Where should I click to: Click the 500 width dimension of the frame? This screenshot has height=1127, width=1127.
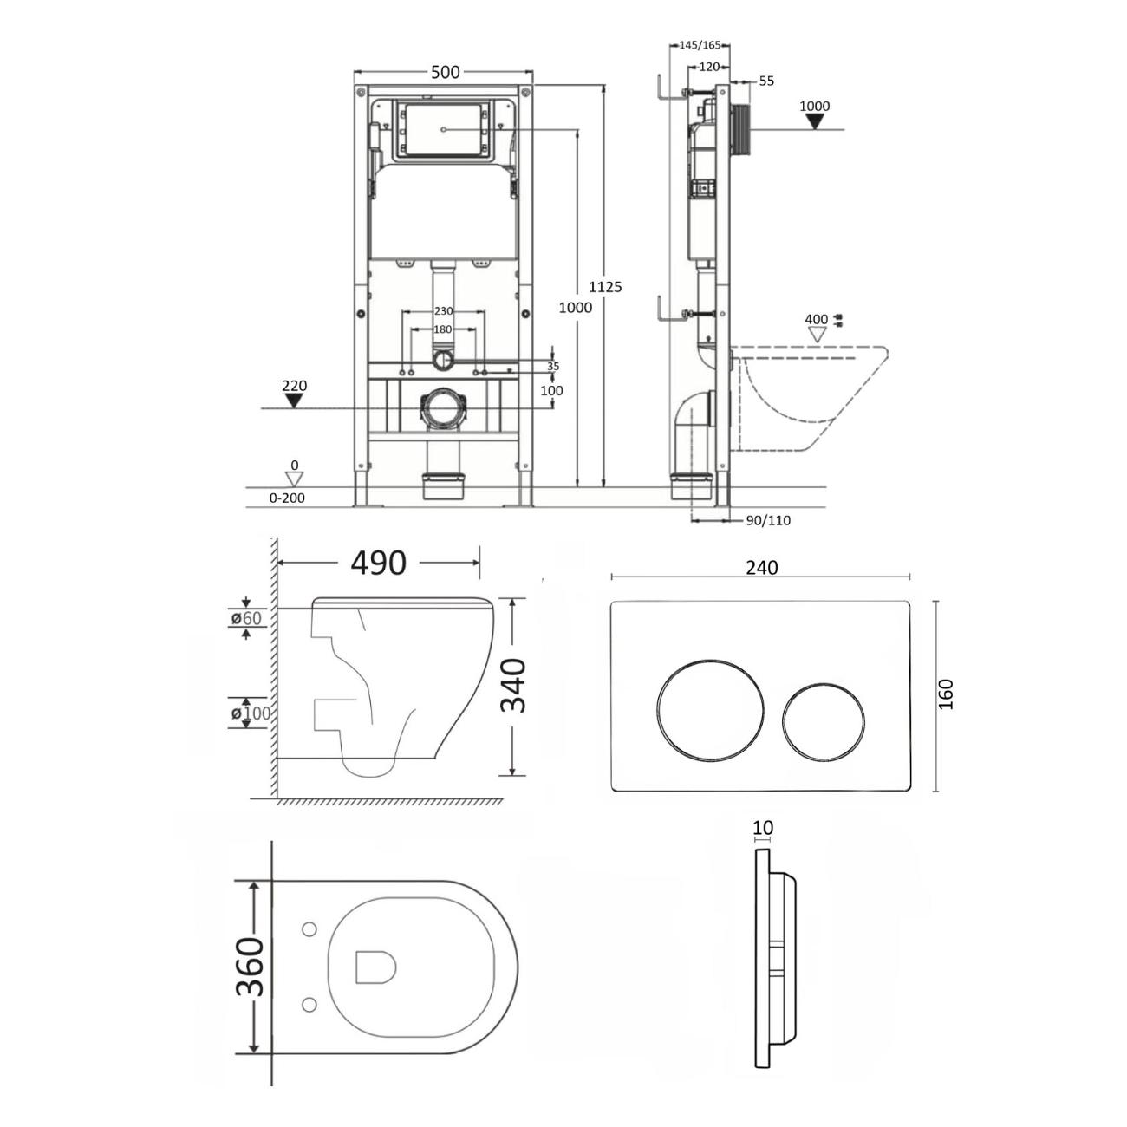pyautogui.click(x=445, y=72)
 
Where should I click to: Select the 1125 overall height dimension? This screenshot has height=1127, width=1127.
pyautogui.click(x=605, y=287)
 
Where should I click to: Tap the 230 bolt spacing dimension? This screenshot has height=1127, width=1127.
pyautogui.click(x=443, y=311)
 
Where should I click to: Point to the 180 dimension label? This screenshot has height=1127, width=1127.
pyautogui.click(x=443, y=329)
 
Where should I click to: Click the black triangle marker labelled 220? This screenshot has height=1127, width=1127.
pyautogui.click(x=294, y=401)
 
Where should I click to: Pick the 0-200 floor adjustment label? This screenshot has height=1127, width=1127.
pyautogui.click(x=287, y=498)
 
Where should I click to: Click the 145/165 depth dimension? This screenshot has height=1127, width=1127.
pyautogui.click(x=700, y=45)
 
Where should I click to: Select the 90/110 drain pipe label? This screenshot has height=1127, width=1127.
pyautogui.click(x=768, y=520)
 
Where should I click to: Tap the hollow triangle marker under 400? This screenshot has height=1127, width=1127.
pyautogui.click(x=817, y=335)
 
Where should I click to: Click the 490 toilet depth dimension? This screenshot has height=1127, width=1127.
pyautogui.click(x=378, y=563)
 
